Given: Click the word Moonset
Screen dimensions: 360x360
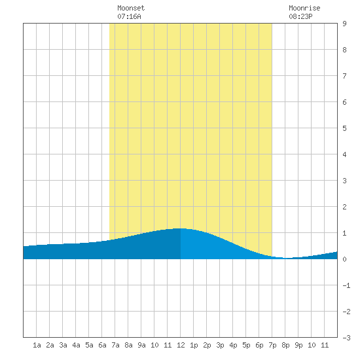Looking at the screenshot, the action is [x=131, y=8].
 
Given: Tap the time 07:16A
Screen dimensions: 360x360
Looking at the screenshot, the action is [x=129, y=16].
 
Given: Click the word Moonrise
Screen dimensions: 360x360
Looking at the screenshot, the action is [x=304, y=8].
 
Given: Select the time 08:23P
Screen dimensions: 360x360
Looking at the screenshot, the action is [x=300, y=16].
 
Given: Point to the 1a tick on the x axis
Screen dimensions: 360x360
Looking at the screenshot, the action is [x=37, y=345].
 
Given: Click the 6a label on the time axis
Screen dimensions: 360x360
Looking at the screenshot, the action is [x=102, y=345].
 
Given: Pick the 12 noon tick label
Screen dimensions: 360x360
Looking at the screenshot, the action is [x=181, y=345].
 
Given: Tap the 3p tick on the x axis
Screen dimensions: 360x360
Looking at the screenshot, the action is [x=220, y=345].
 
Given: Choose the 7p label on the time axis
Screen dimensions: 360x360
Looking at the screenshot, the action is [x=272, y=345].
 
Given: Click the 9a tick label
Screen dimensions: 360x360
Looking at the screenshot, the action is [x=141, y=345].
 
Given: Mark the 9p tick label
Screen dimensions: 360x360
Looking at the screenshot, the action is [x=298, y=345].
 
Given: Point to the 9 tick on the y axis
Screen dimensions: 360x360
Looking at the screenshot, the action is [x=344, y=24].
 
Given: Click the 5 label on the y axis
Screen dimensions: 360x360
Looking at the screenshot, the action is [x=344, y=128].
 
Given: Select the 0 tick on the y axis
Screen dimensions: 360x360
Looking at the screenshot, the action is [x=344, y=259].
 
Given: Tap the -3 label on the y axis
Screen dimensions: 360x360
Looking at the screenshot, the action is [x=346, y=338].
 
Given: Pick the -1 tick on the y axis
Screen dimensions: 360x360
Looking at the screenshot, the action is [x=346, y=285].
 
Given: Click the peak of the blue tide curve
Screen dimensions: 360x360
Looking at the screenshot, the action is [x=180, y=228].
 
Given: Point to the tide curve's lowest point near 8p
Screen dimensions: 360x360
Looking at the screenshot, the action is [x=286, y=258].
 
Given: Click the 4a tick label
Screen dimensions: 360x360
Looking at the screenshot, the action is [x=76, y=345].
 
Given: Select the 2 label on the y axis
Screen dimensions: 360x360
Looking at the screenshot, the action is [x=344, y=207].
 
